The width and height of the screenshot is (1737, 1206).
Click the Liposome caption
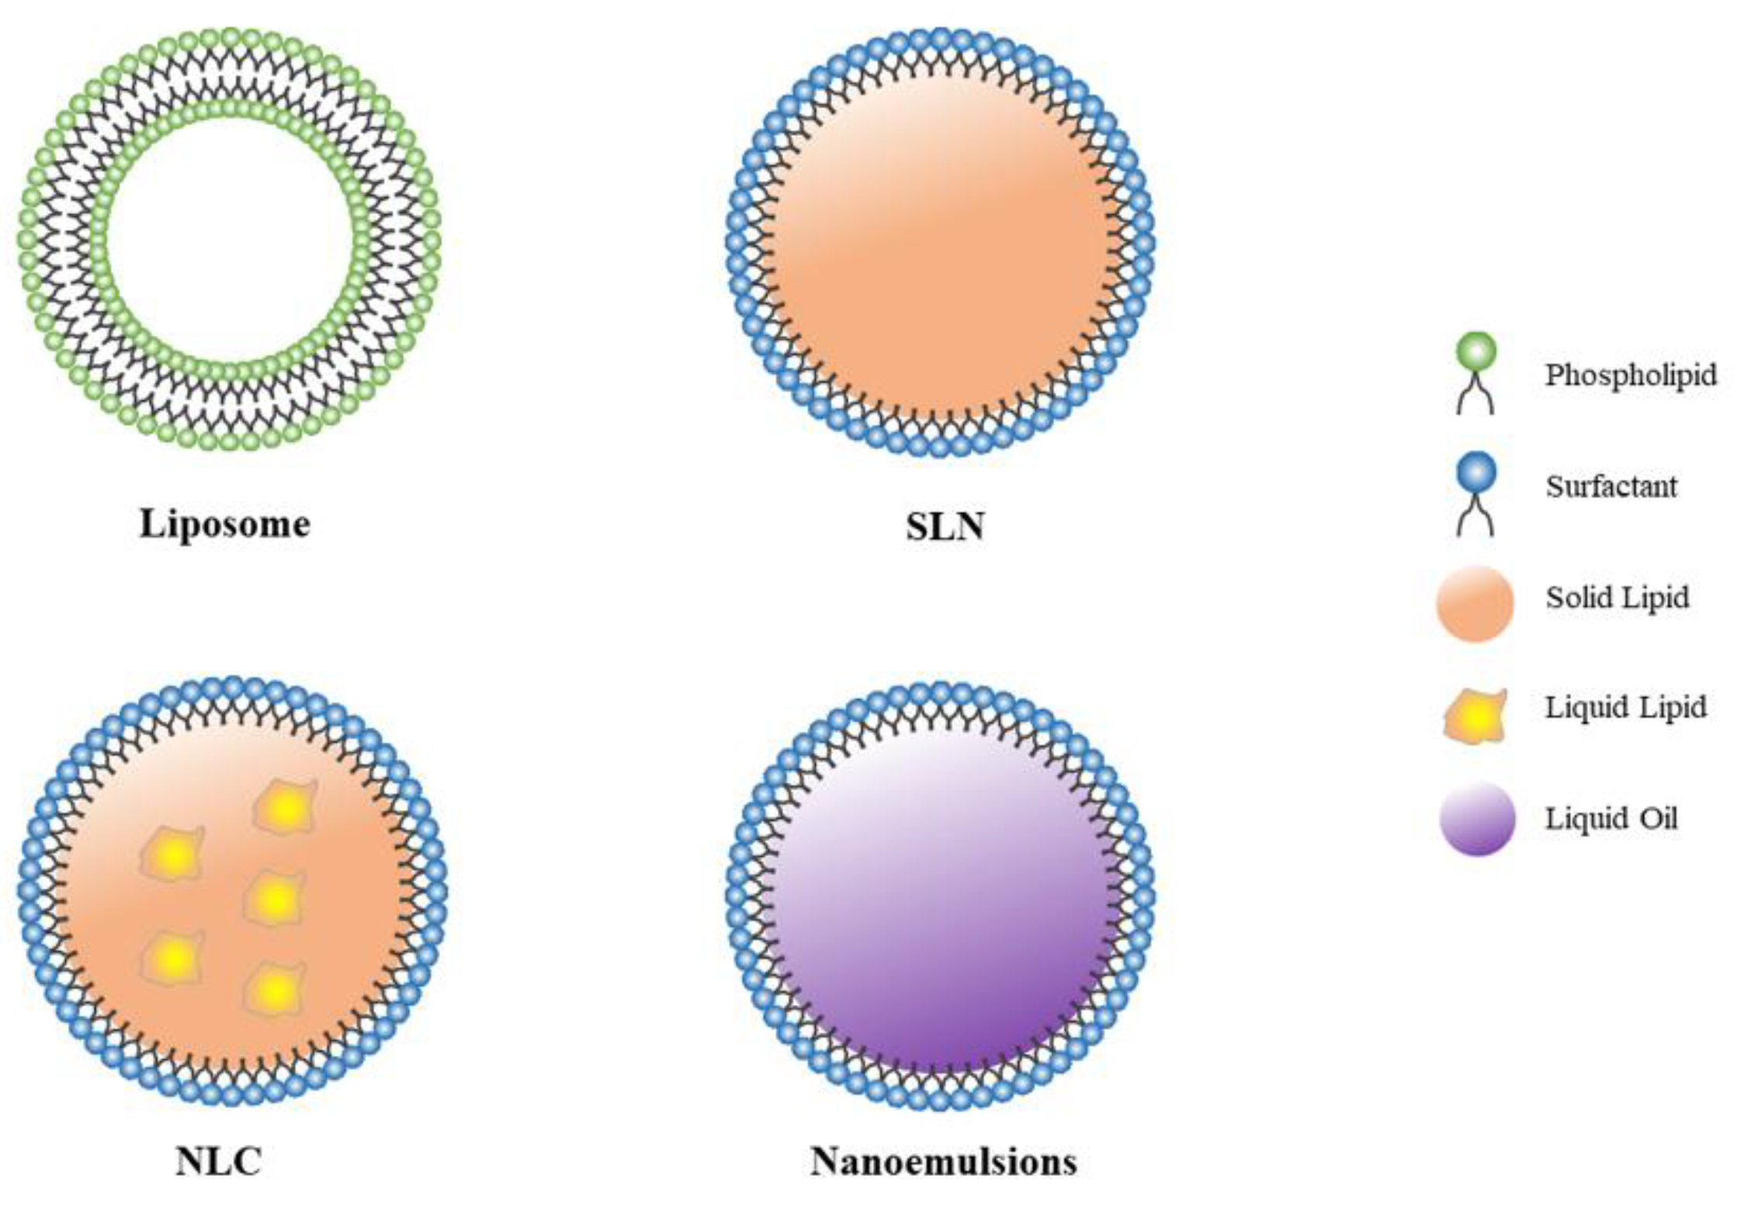tap(224, 524)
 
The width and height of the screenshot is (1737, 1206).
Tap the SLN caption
tap(945, 527)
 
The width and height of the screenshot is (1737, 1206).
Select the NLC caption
tap(218, 1162)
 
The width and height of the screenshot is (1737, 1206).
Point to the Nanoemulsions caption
tap(944, 1162)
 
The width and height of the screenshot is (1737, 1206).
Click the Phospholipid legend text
tap(1631, 376)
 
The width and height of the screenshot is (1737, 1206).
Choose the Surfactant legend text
tap(1611, 487)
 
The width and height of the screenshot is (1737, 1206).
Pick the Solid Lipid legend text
tap(1617, 598)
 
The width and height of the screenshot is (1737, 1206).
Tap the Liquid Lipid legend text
tap(1626, 708)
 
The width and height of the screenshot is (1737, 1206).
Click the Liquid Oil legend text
tap(1611, 819)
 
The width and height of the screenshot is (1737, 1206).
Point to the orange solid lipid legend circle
tap(1475, 604)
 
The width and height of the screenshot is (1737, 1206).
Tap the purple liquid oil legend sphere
tap(1476, 819)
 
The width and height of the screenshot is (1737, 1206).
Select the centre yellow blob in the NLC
tap(274, 899)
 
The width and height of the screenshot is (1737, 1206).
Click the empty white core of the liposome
tap(230, 241)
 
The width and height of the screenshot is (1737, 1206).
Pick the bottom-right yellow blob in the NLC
tap(274, 990)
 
